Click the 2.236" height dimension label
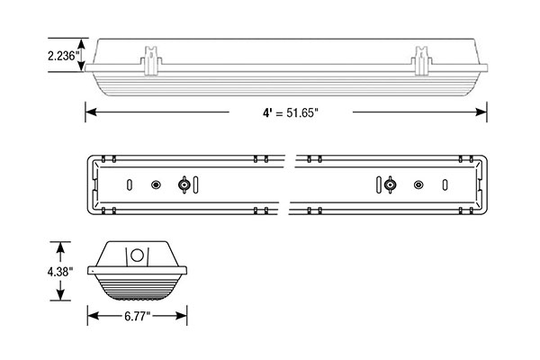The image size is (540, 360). [64, 55]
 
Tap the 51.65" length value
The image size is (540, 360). [301, 112]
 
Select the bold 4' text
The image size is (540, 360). [267, 112]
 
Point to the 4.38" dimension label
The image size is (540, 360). [60, 272]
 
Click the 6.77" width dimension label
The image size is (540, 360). [138, 316]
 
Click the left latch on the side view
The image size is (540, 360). [151, 60]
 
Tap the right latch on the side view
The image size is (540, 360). [421, 60]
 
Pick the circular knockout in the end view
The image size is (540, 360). [137, 256]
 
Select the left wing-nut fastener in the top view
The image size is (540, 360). [184, 185]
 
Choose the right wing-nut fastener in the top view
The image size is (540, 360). [390, 185]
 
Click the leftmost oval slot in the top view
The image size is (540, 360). [130, 185]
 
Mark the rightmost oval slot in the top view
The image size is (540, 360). [445, 185]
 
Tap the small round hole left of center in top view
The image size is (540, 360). [156, 185]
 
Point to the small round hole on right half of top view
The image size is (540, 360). [418, 185]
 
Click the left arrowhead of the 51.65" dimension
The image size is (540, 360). [91, 112]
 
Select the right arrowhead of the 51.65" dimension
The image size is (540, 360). [481, 112]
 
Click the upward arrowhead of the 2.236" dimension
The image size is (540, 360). [81, 43]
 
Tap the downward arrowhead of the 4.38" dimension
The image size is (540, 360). [60, 295]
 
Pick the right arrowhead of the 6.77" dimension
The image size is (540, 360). [181, 316]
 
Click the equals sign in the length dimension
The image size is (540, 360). [279, 112]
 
